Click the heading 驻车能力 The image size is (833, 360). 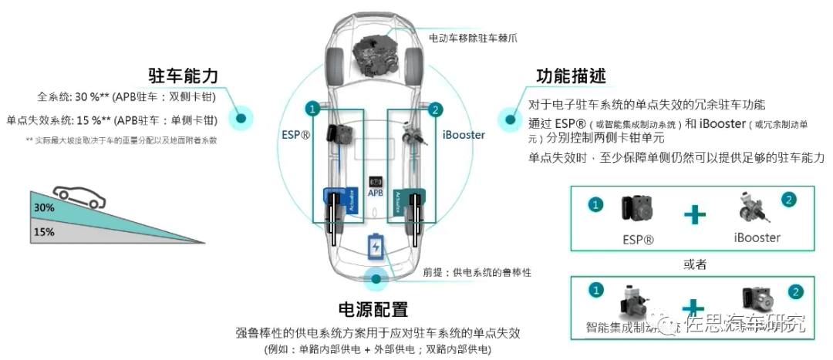(x=184, y=76)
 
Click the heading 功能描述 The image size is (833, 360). (x=571, y=76)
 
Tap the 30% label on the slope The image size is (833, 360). (x=44, y=207)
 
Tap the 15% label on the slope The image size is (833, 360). (x=44, y=230)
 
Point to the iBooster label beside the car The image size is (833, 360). (x=464, y=135)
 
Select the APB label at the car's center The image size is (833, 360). (x=376, y=193)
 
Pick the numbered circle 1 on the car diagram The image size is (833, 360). (x=312, y=109)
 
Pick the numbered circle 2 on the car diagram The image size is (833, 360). (x=435, y=109)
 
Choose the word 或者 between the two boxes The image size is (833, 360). (x=695, y=264)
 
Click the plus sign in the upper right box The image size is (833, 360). (x=694, y=215)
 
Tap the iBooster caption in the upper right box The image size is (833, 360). (x=757, y=237)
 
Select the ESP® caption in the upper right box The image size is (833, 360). (x=638, y=239)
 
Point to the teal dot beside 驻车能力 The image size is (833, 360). (x=241, y=118)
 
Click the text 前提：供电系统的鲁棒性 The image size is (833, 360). (x=477, y=272)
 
